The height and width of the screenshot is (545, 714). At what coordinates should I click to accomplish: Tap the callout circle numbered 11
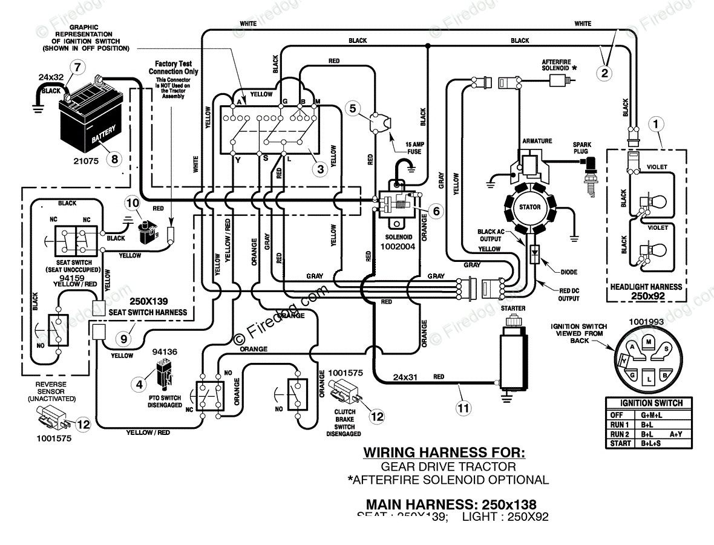tap(463, 408)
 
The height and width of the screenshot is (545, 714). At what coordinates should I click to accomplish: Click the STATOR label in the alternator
tap(530, 207)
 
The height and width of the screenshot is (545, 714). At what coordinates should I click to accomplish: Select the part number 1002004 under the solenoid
tap(398, 247)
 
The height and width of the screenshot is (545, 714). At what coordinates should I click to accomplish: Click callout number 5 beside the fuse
tap(355, 108)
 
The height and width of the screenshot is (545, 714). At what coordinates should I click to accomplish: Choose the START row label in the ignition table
tap(617, 443)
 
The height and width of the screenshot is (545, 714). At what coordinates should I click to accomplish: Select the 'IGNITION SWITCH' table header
tap(651, 403)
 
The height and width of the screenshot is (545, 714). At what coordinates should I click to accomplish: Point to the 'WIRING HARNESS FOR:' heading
tap(444, 452)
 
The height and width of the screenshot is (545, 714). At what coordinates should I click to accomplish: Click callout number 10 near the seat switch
tap(133, 203)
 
